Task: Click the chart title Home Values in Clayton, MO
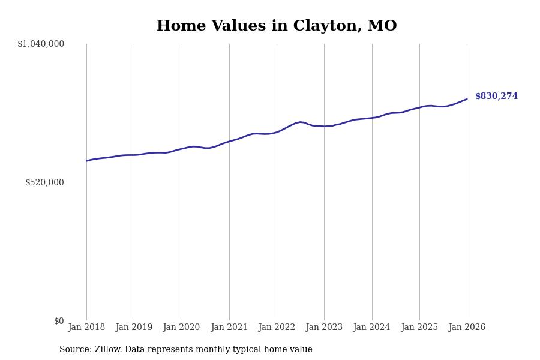coord(277,26)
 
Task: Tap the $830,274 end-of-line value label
coord(496,97)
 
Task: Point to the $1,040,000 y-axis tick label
coord(41,44)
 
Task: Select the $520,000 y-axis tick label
coord(44,182)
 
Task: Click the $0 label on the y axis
coord(59,321)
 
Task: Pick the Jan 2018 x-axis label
coord(86,328)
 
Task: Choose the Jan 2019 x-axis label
coord(134,328)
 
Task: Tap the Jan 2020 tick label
coord(181,328)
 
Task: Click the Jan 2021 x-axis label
coord(229,328)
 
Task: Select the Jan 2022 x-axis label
coord(277,328)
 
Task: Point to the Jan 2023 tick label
coord(324,328)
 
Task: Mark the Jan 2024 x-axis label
coord(371,328)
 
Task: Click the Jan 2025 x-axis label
coord(419,328)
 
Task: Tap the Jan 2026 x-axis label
coord(467,328)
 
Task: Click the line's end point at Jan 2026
coord(467,99)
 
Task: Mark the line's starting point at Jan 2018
coord(86,161)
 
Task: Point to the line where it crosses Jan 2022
coord(277,132)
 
